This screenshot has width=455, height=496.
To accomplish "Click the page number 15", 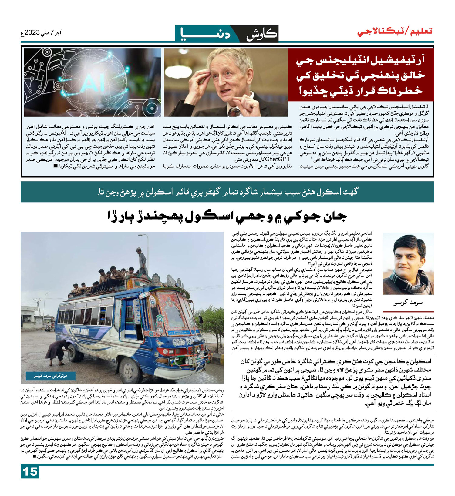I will click(30, 472).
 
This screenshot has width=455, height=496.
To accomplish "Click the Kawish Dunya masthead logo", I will click(227, 34).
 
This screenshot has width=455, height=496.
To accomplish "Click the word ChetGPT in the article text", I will click(278, 159).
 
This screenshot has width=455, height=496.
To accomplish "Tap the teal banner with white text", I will click(227, 192).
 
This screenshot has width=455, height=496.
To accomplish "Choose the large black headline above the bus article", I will click(227, 217).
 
